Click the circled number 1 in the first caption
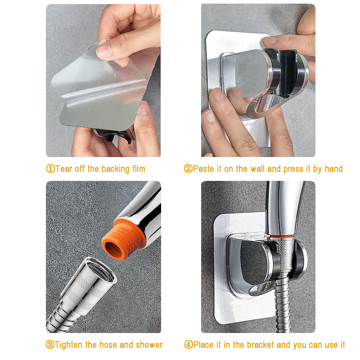click(x=50, y=169)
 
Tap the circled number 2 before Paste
click(x=189, y=169)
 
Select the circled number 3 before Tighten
click(x=50, y=345)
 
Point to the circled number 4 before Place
click(x=189, y=345)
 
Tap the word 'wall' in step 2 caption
click(x=257, y=169)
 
